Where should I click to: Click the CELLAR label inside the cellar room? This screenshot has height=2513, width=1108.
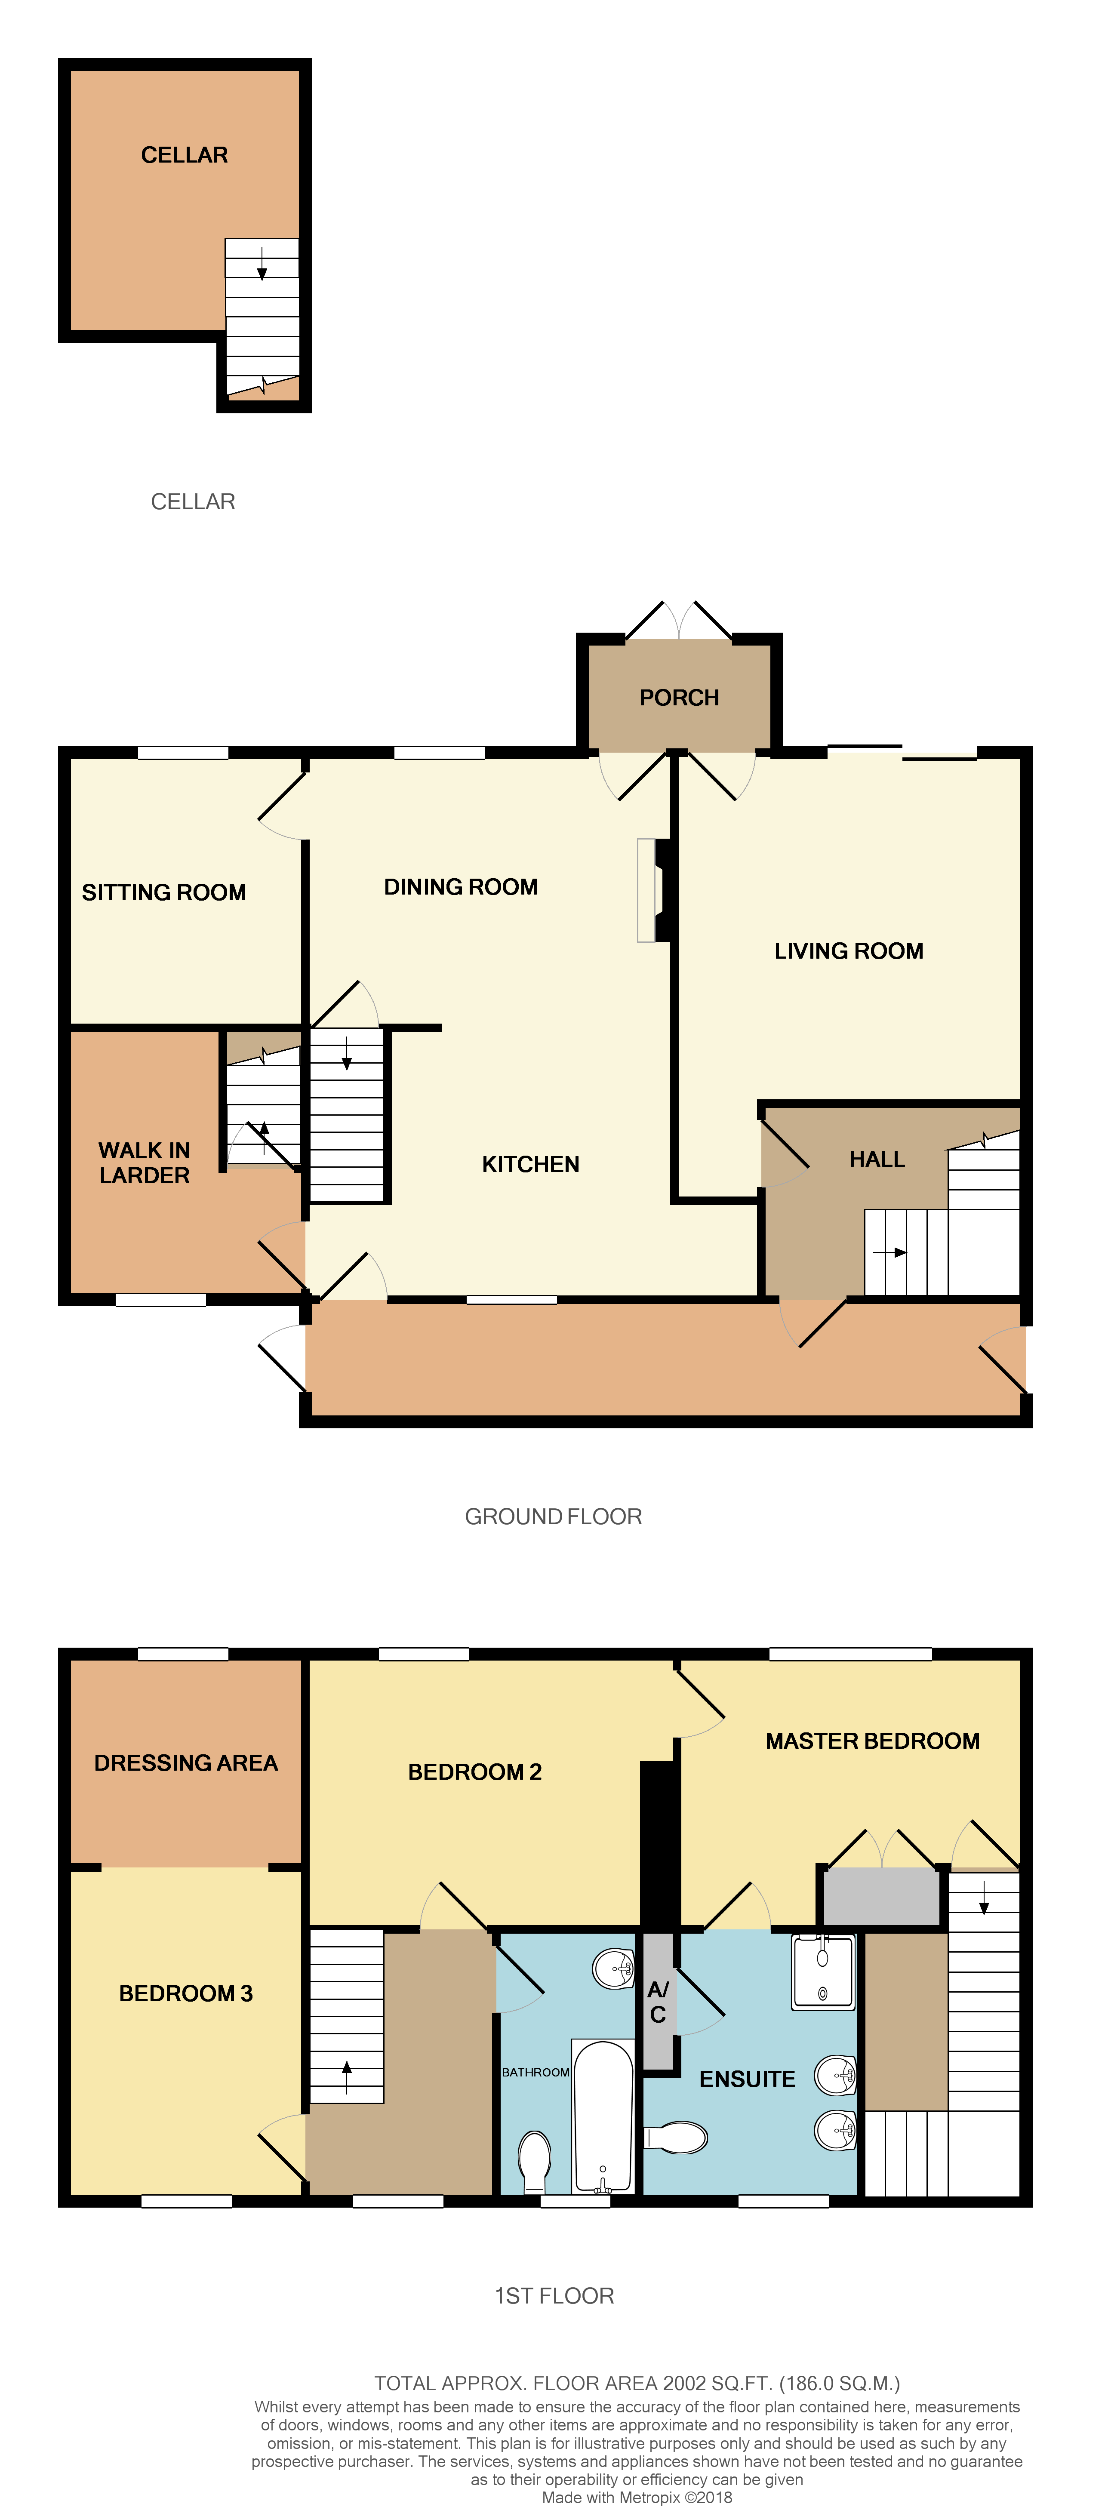click(185, 155)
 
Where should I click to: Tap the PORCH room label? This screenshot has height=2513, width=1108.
click(679, 698)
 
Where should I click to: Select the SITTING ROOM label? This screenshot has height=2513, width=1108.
click(164, 892)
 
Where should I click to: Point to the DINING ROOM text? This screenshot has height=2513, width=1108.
click(460, 887)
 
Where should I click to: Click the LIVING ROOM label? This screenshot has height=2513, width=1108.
click(849, 951)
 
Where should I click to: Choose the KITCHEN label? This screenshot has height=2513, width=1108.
click(531, 1164)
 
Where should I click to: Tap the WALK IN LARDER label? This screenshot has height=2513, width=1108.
click(145, 1163)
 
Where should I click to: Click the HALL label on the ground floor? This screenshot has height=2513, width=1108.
click(877, 1159)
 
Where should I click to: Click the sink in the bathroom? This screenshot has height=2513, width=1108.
click(615, 1968)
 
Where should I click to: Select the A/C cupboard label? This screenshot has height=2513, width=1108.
click(659, 2002)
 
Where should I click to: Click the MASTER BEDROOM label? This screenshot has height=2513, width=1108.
click(872, 1741)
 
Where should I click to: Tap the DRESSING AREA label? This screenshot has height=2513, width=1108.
click(185, 1763)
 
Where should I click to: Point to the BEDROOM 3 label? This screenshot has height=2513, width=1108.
click(185, 1993)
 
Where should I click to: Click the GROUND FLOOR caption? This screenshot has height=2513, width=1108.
click(553, 1516)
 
